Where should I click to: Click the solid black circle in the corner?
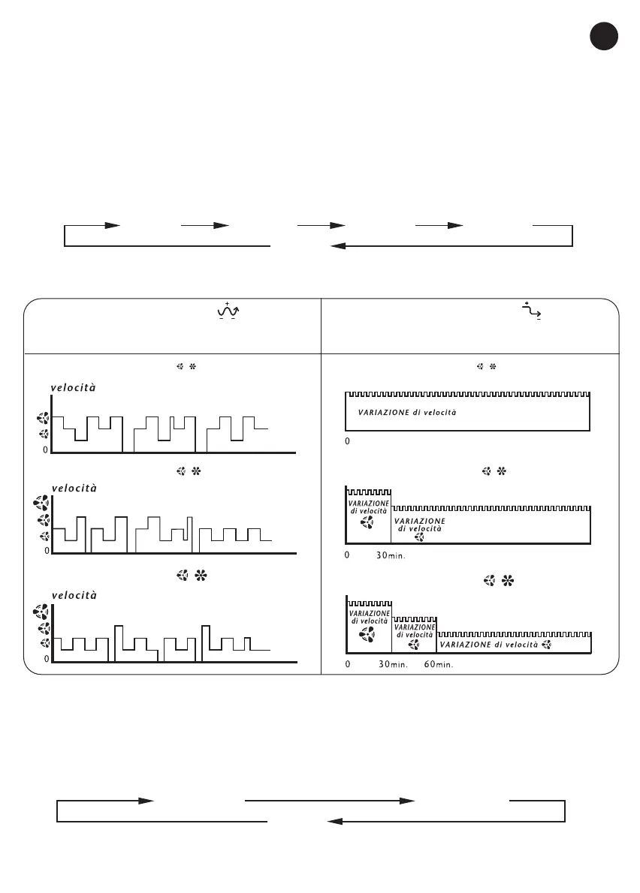603,37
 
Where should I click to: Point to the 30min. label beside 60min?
392,664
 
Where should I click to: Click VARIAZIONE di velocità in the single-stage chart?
407,413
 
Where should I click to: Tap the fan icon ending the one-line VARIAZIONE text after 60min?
546,645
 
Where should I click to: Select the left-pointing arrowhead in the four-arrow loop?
338,246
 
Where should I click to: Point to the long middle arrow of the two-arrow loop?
331,801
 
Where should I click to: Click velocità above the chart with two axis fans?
74,388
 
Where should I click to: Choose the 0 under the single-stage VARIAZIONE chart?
347,442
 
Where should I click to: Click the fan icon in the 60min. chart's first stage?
368,635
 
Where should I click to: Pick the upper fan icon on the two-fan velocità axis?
44,419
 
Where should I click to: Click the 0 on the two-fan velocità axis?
45,450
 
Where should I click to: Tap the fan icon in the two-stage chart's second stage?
419,537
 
